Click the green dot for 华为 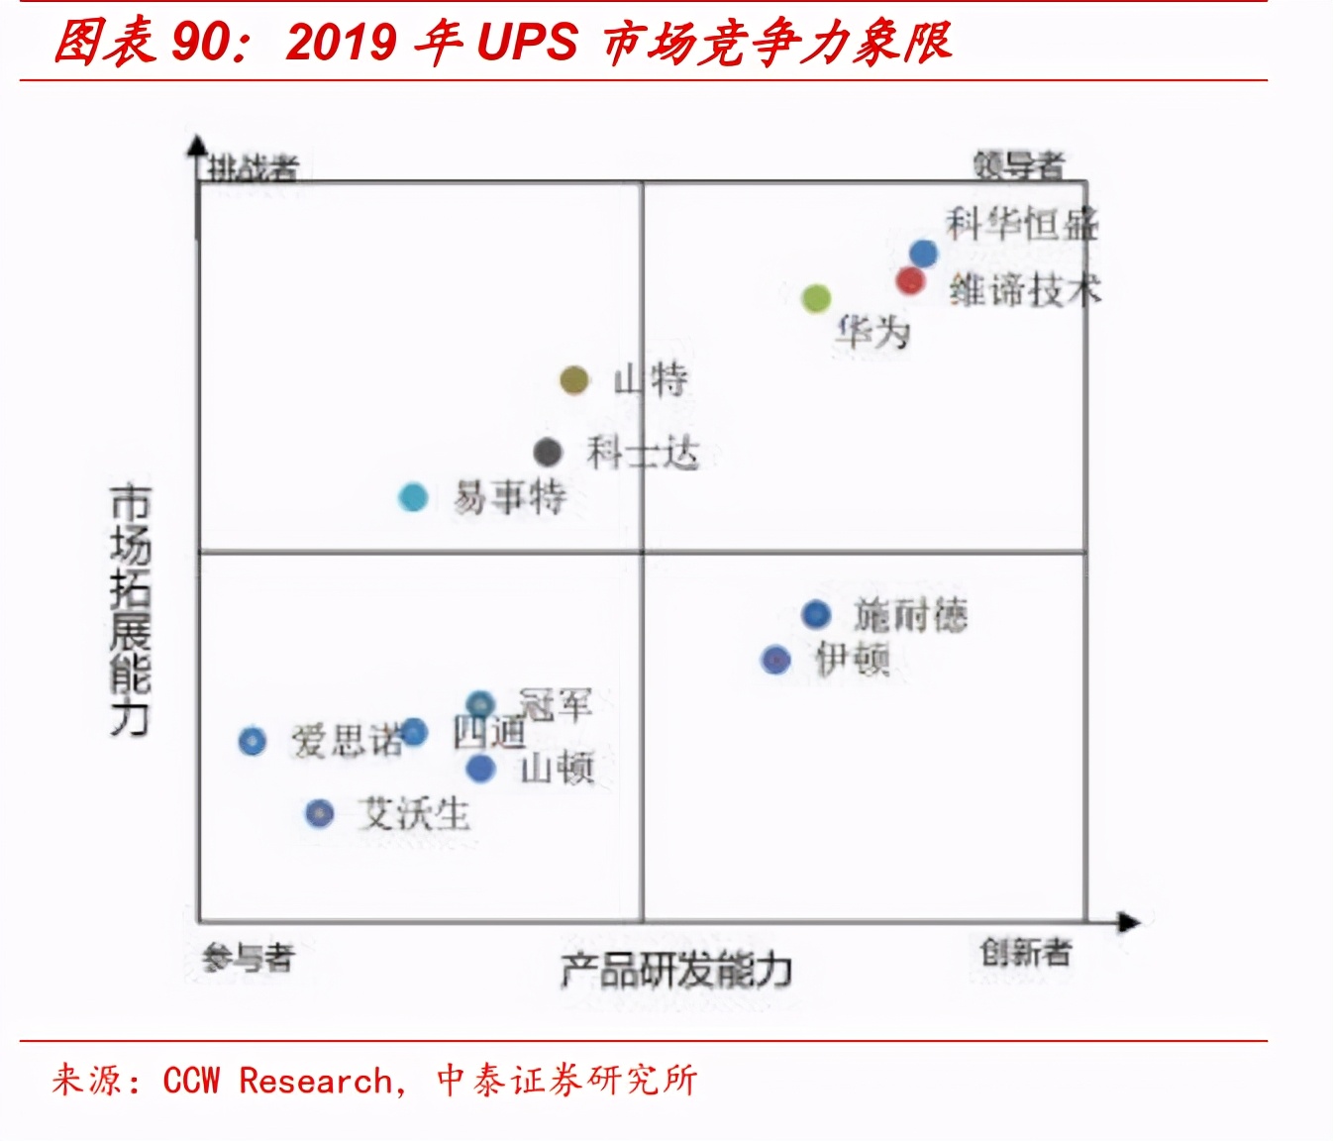(815, 298)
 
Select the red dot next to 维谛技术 (910, 281)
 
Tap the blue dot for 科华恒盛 (923, 254)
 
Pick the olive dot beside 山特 (574, 379)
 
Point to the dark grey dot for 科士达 (548, 453)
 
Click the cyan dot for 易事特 (413, 497)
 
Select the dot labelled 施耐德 (816, 614)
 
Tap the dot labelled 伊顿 (775, 660)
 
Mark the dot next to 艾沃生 (319, 814)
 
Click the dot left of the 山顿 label (480, 768)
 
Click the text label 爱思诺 (346, 741)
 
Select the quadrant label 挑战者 (253, 167)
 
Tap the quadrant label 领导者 (1018, 164)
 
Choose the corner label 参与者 (249, 958)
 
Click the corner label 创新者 (1026, 953)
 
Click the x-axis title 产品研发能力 (676, 970)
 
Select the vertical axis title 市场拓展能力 (130, 610)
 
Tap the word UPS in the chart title (527, 42)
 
